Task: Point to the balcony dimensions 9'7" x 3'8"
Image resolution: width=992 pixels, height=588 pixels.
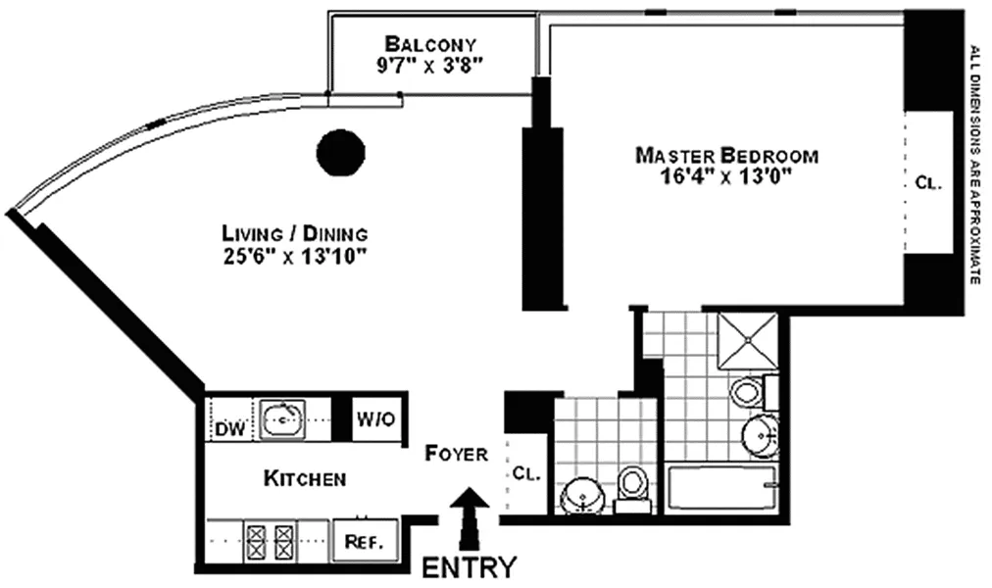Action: point(431,65)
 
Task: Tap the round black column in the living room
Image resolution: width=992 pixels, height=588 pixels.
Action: point(341,153)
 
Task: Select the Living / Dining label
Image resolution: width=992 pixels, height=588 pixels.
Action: point(294,234)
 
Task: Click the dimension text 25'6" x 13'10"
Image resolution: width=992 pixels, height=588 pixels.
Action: point(294,256)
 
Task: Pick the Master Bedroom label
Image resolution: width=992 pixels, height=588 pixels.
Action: point(726,155)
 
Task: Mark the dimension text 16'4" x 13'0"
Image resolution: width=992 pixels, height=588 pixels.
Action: point(726,175)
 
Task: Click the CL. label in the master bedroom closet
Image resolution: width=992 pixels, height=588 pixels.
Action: point(927,182)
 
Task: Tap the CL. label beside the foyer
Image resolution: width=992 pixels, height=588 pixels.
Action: point(526,472)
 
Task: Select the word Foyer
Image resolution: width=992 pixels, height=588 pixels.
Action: point(456,454)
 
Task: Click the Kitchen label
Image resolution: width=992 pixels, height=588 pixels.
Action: point(304,479)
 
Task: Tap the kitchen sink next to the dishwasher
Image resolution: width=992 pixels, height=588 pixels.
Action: point(282,420)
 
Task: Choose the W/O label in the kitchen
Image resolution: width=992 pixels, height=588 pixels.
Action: point(374,420)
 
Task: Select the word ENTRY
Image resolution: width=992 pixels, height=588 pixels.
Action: point(469,567)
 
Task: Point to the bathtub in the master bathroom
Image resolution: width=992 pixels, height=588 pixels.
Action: point(721,488)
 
